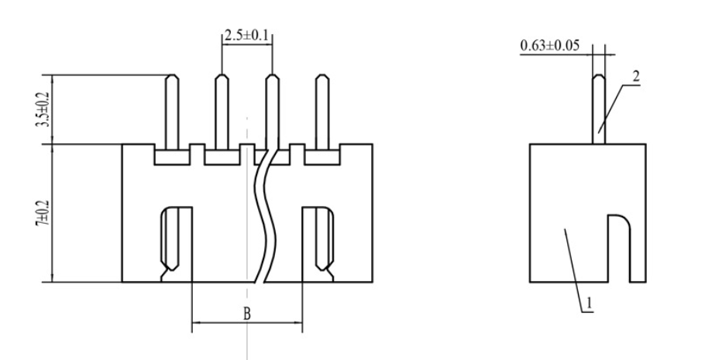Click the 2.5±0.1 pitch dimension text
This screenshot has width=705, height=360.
247,36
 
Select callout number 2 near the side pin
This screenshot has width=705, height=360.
636,78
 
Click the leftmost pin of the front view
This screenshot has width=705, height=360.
174,108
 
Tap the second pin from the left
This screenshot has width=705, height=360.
222,108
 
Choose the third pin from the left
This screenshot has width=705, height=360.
271,108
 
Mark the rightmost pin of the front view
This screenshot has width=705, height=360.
320,108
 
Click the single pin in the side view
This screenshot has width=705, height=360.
598,108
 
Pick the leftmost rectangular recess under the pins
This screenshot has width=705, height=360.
173,157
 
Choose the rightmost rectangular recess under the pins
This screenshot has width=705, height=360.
321,157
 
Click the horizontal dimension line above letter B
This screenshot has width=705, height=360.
247,321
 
